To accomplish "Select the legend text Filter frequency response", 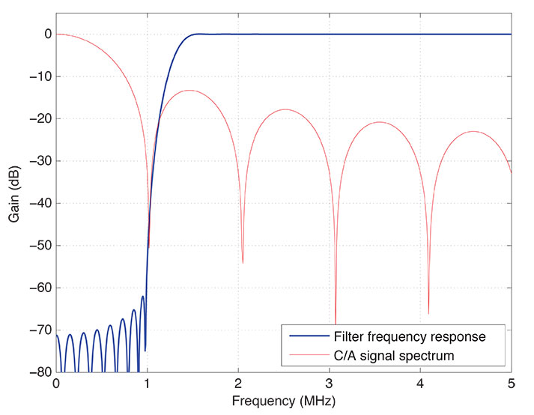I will tap(410, 336).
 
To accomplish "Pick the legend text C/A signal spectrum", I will tap(394, 355).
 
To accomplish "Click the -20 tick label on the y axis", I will tap(39, 118).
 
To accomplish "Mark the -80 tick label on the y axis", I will tap(39, 372).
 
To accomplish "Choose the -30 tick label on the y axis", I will tap(39, 160).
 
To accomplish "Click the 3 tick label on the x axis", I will tap(330, 383).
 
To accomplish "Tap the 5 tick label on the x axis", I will tap(512, 383).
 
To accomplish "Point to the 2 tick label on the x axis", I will tap(238, 383).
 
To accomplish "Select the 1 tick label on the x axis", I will tap(148, 383).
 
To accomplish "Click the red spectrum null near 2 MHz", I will tap(243, 262).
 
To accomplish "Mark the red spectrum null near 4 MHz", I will tap(428, 312).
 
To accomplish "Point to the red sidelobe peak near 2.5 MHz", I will tap(285, 109).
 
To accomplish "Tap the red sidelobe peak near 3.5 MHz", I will tap(380, 122).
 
